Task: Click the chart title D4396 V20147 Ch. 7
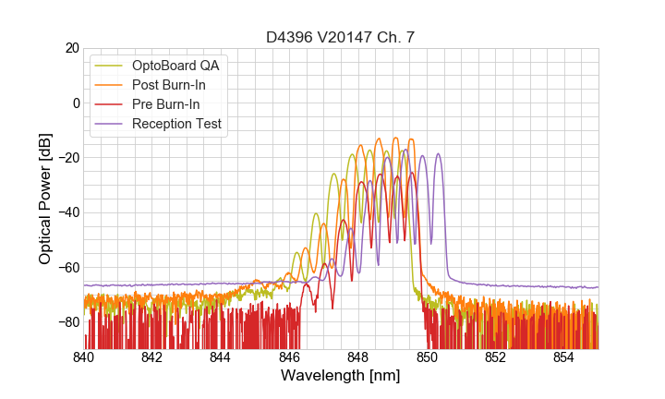(x=341, y=37)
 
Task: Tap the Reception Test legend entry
(x=176, y=124)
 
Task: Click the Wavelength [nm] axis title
(x=341, y=376)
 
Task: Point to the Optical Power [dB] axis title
(x=45, y=199)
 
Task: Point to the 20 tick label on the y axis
(x=71, y=48)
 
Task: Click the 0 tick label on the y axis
(x=75, y=103)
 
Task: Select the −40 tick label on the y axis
(x=67, y=212)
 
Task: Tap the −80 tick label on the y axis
(x=67, y=322)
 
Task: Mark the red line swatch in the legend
(x=110, y=104)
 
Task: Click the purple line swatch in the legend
(x=110, y=124)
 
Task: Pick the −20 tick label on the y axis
(x=67, y=158)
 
